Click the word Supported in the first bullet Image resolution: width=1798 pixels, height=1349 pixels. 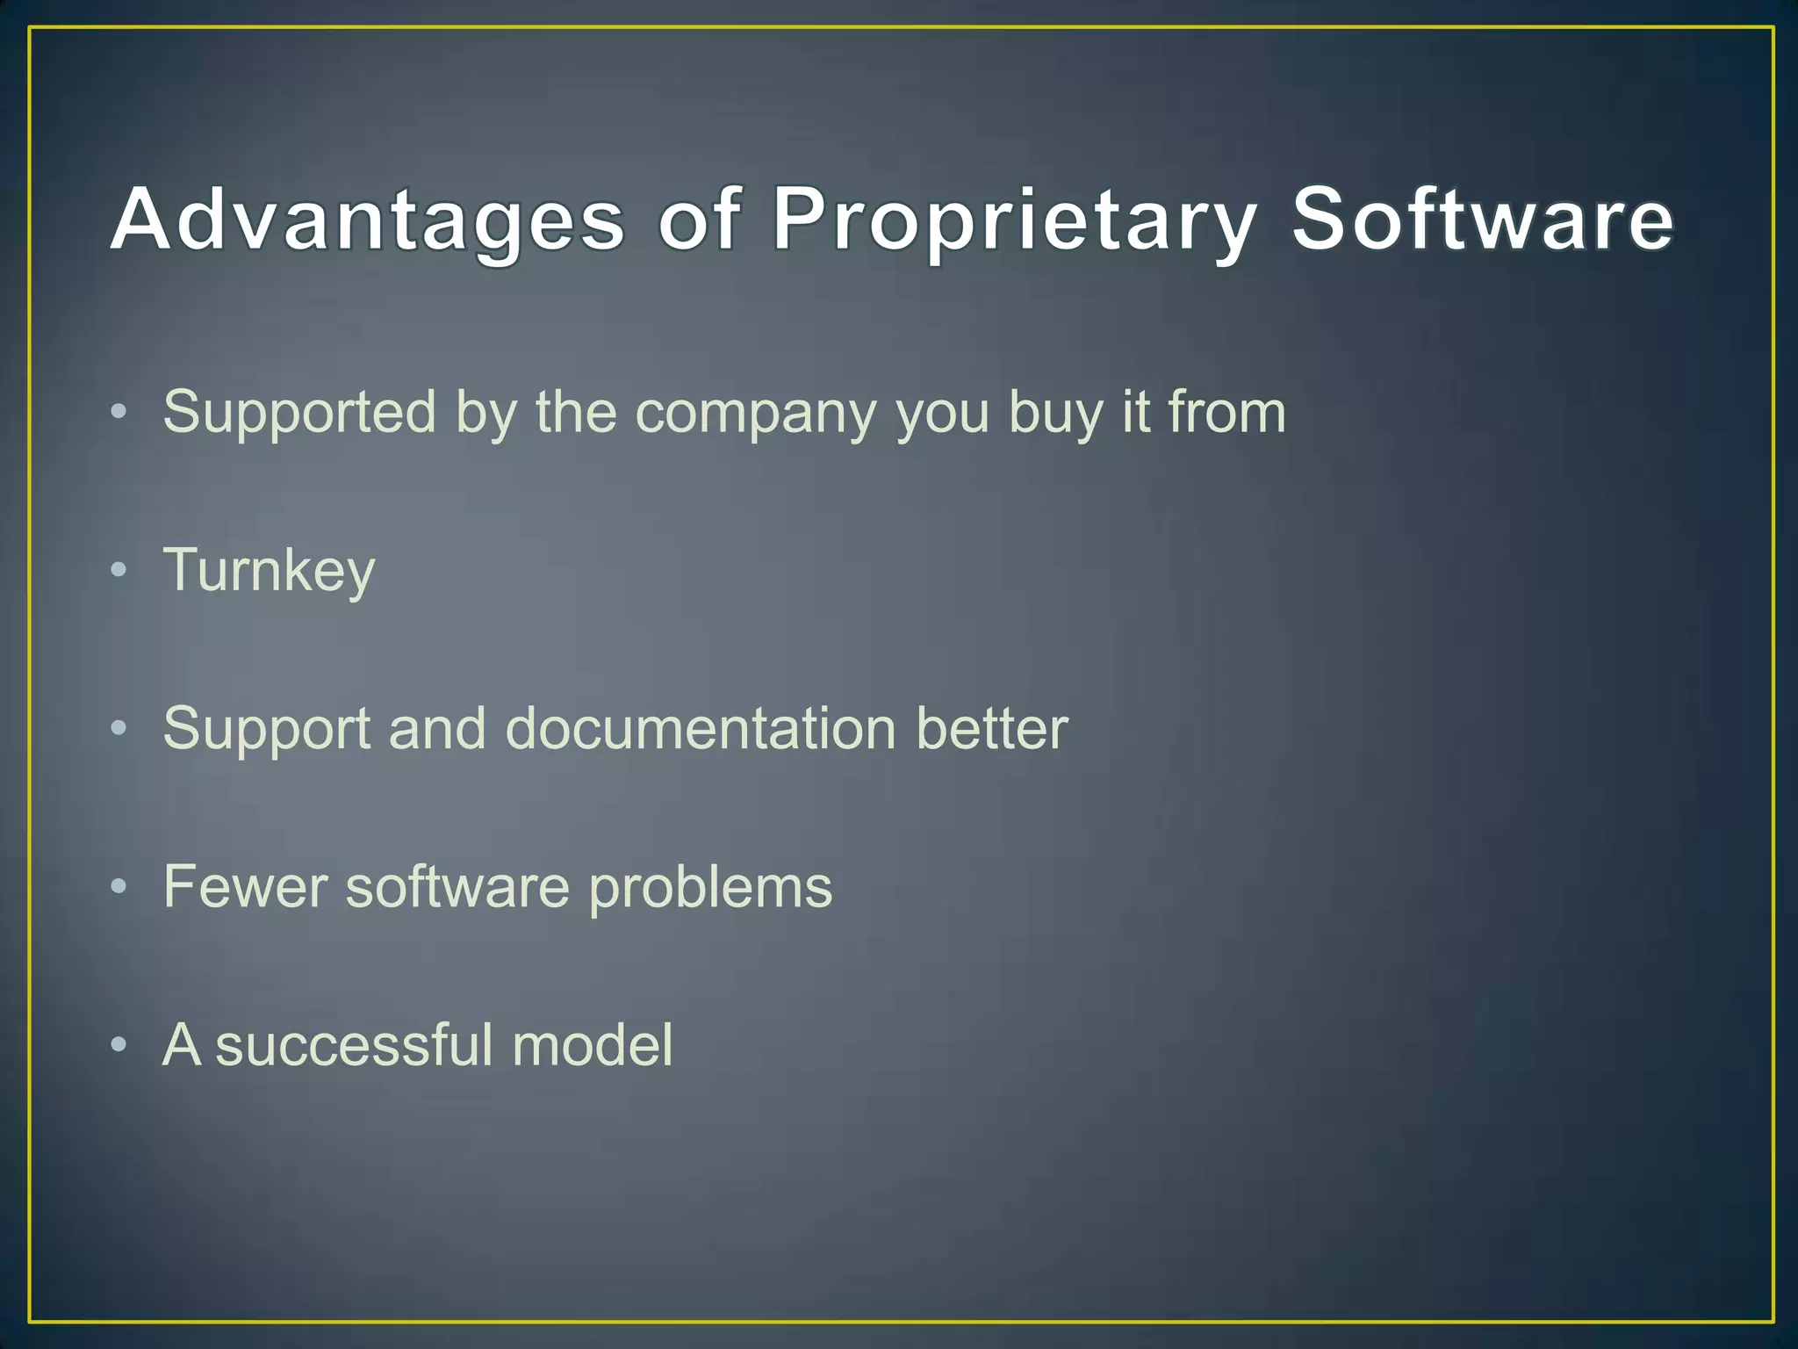tap(299, 413)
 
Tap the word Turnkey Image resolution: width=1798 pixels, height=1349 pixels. tap(269, 571)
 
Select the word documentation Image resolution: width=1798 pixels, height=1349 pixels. tap(700, 729)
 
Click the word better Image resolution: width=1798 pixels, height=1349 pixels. tap(991, 729)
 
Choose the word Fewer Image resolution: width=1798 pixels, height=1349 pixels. tap(245, 887)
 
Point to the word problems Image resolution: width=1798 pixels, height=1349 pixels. tap(710, 887)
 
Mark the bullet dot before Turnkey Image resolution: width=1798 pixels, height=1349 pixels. tap(119, 571)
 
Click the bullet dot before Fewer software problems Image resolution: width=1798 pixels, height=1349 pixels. tap(119, 887)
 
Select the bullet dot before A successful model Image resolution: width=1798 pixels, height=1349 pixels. tap(119, 1045)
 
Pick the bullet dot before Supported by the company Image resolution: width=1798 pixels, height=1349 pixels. tap(119, 412)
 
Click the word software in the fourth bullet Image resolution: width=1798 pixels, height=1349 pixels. tap(457, 887)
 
